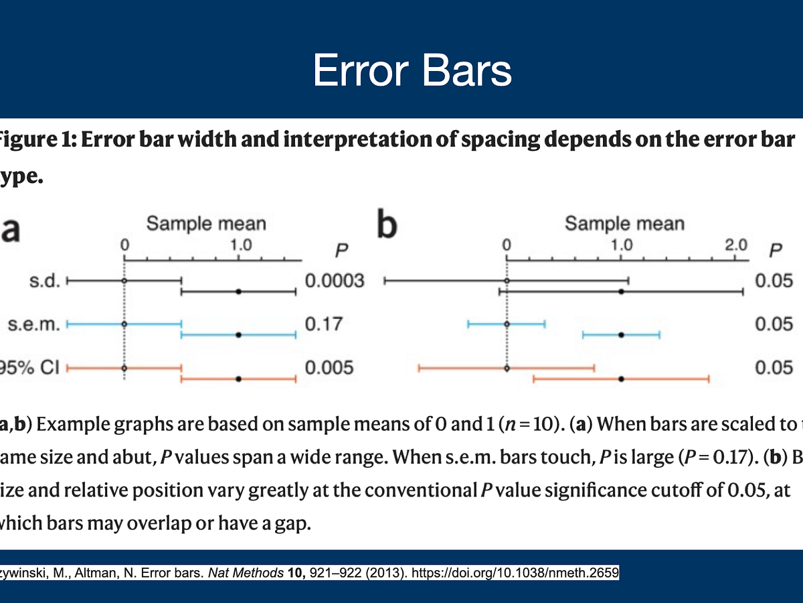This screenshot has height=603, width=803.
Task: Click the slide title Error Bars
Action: (x=412, y=71)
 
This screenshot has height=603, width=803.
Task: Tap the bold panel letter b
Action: (x=387, y=226)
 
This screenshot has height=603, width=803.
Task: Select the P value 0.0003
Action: (x=335, y=280)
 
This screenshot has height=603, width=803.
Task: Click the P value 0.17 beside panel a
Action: (x=324, y=324)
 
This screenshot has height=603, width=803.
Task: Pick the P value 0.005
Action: (x=329, y=368)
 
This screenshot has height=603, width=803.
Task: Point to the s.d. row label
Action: (x=45, y=281)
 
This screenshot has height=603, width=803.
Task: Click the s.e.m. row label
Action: (x=34, y=324)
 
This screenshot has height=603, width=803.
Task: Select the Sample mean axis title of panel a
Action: (x=206, y=223)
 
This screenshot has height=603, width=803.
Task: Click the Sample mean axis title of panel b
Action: (x=624, y=223)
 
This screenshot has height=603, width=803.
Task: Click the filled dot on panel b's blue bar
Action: (x=622, y=334)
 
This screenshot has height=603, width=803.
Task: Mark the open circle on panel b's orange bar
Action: (x=507, y=368)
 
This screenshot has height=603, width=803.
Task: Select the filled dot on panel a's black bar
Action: (x=239, y=291)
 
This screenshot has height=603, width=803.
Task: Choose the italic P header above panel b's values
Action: (x=775, y=251)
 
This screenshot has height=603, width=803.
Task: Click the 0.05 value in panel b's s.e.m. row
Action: (x=774, y=324)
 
